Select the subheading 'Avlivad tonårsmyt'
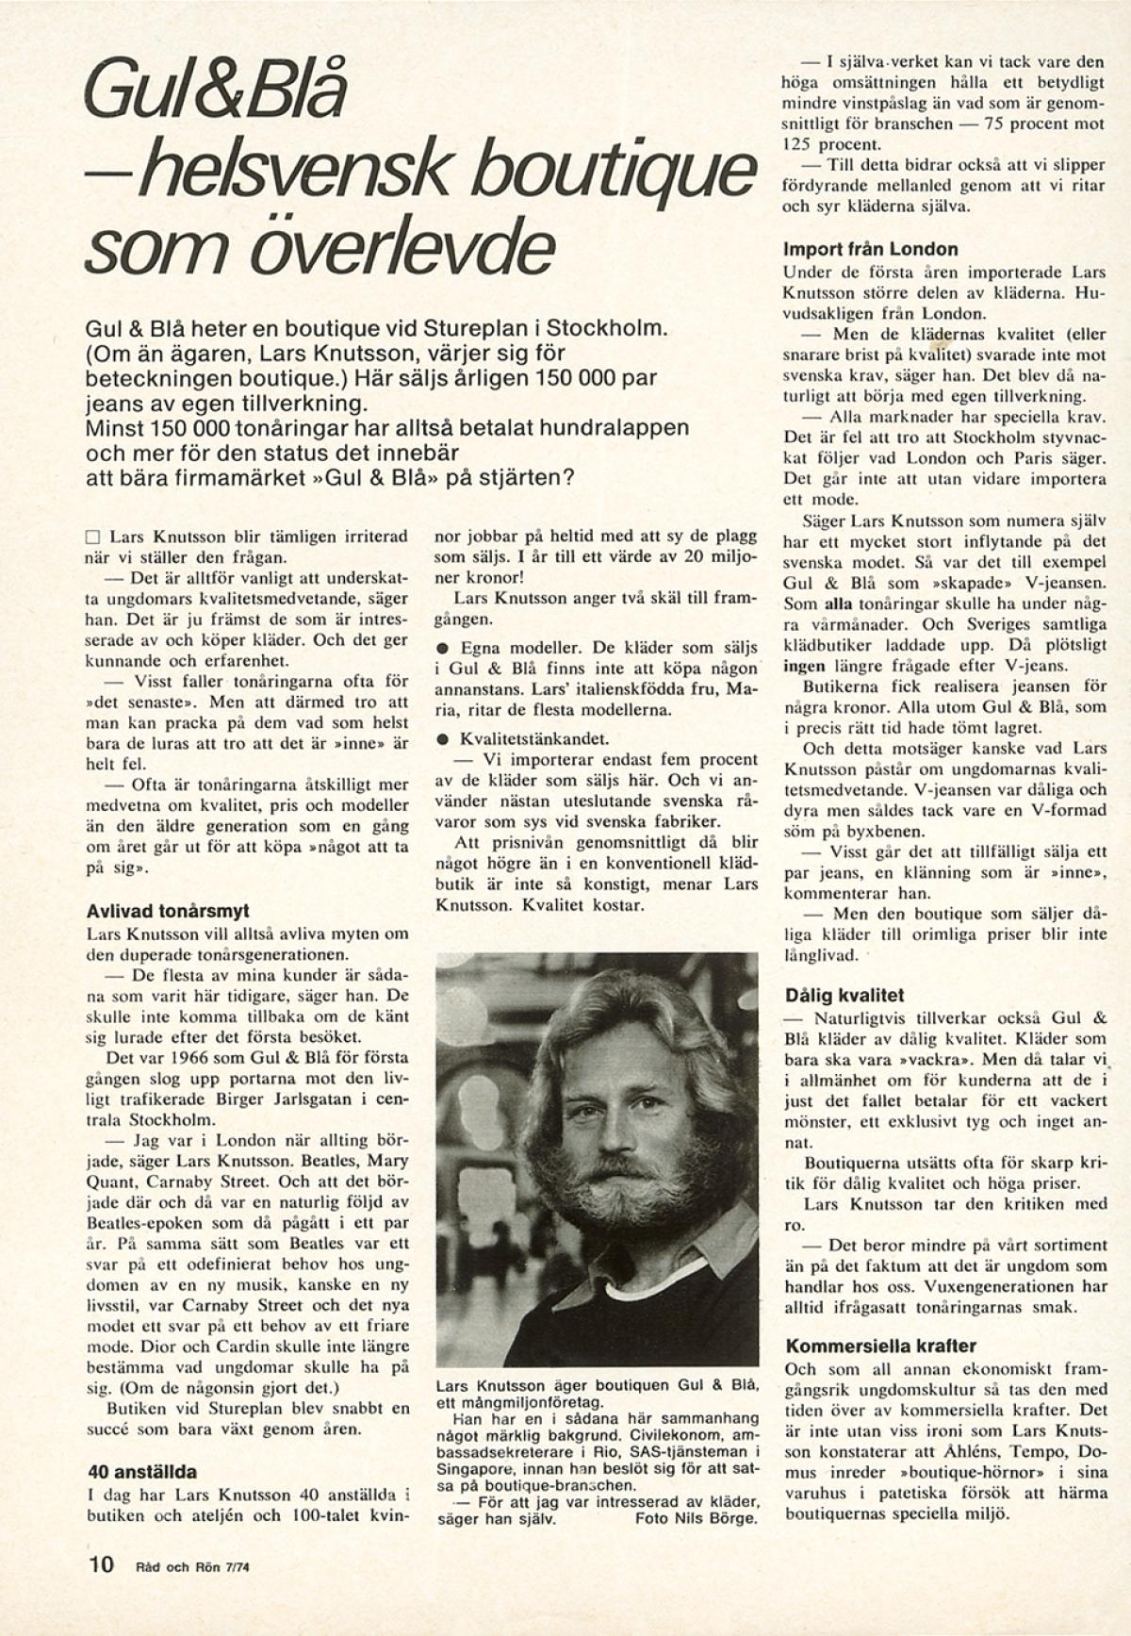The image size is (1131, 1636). (167, 912)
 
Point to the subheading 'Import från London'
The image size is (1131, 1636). (870, 250)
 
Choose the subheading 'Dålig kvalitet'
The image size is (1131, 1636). (844, 995)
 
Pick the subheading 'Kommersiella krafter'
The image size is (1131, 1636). (880, 1346)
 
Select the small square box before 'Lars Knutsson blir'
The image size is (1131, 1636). (92, 537)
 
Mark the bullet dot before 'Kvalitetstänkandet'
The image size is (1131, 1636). (441, 740)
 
